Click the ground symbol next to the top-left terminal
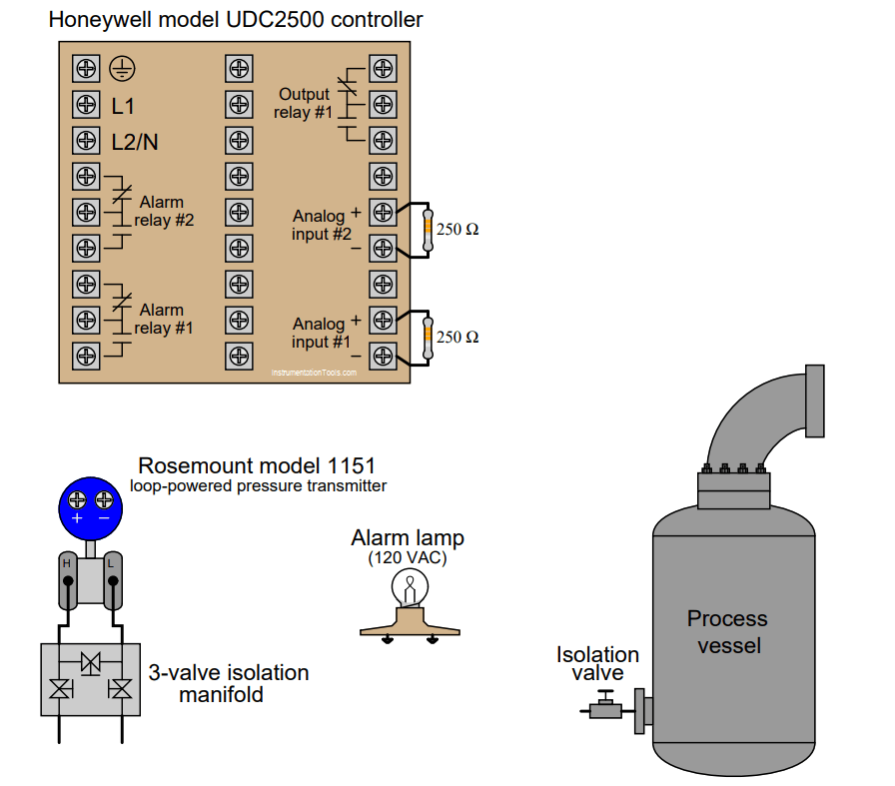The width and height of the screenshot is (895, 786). click(x=122, y=69)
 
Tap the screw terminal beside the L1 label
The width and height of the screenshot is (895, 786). click(x=86, y=105)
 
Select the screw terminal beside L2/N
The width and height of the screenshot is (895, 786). click(x=86, y=141)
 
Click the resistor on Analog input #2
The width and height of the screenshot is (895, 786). click(x=428, y=229)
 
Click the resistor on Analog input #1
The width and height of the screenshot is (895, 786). click(x=428, y=337)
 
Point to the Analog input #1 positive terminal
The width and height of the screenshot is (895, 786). click(x=382, y=320)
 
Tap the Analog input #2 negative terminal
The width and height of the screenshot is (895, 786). click(x=382, y=247)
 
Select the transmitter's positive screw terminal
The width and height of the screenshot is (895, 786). click(x=77, y=498)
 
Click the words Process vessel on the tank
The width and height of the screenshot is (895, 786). click(x=727, y=631)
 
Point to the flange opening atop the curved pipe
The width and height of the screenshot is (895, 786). click(x=815, y=400)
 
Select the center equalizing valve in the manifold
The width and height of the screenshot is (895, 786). click(x=91, y=662)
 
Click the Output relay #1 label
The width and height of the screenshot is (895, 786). click(x=304, y=103)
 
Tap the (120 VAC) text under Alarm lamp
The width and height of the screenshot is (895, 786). click(x=408, y=558)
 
